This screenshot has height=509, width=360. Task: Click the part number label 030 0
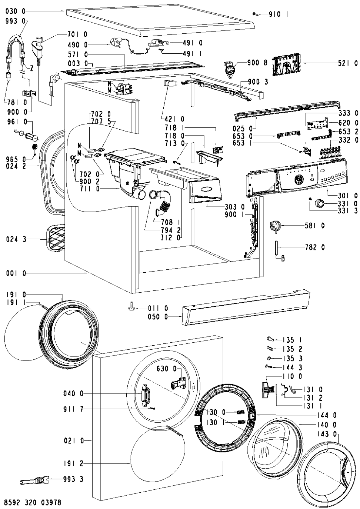click(15, 11)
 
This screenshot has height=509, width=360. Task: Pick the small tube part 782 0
click(277, 248)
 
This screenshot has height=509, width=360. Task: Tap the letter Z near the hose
click(32, 68)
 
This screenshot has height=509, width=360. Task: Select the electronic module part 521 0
click(286, 64)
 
